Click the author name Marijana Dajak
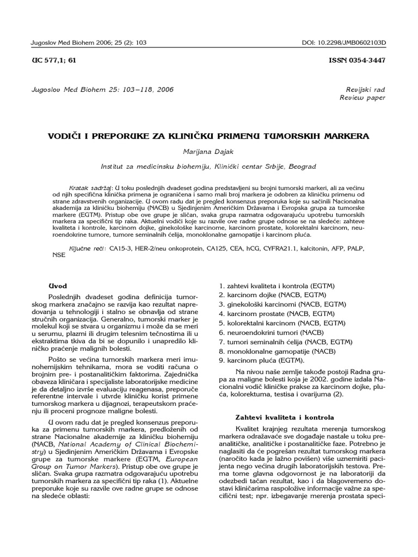[209, 152]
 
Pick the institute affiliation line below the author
[209, 166]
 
